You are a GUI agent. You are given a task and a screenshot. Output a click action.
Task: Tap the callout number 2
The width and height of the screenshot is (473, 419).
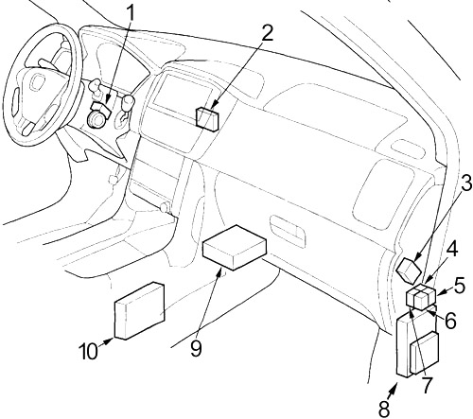[x=266, y=33]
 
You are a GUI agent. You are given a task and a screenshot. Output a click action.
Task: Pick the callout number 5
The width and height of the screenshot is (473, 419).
[x=459, y=286]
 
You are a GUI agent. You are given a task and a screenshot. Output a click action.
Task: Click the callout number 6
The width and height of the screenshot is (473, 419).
[x=450, y=321]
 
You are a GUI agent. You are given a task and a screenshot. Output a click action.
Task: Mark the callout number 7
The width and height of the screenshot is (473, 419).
[x=427, y=384]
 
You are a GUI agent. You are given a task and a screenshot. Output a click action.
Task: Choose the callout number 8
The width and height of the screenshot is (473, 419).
[x=384, y=409]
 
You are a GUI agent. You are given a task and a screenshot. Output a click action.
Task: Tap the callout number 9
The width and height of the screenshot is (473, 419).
[x=196, y=349]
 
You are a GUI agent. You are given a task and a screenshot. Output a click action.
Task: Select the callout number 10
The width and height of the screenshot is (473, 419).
[x=89, y=351]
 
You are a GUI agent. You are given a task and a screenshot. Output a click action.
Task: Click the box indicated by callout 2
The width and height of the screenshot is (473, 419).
[x=207, y=118]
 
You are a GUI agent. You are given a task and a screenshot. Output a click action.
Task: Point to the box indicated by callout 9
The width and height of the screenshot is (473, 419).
[x=234, y=248]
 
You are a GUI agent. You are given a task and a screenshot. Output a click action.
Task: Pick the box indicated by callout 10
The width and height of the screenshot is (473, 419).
[x=139, y=310]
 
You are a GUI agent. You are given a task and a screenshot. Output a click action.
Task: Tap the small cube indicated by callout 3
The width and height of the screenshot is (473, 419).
[x=409, y=271]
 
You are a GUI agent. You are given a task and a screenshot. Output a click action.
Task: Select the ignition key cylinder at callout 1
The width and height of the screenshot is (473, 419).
[x=96, y=118]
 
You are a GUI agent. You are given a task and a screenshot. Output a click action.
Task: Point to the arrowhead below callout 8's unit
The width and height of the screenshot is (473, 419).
[x=394, y=389]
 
